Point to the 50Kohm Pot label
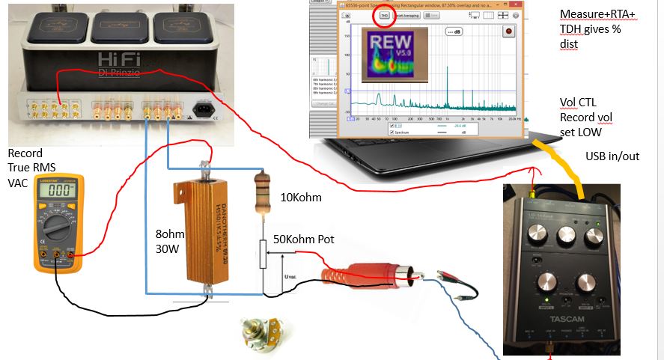click(304, 239)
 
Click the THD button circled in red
click(384, 14)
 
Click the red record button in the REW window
click(509, 31)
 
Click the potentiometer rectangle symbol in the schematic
click(263, 255)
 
